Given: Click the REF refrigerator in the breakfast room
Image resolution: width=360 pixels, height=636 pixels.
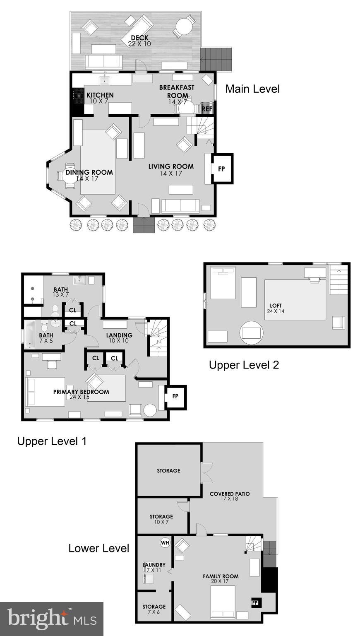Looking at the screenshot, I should (207, 109).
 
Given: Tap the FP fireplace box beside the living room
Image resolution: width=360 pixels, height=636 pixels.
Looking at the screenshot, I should (222, 169).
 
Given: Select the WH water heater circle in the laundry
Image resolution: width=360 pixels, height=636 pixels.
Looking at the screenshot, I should (165, 542).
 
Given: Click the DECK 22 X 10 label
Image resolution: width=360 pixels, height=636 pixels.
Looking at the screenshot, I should (139, 41).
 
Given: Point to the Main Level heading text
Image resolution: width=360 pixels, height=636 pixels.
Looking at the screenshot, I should (252, 89).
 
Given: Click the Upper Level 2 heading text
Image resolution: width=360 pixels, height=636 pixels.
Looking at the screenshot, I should (244, 365).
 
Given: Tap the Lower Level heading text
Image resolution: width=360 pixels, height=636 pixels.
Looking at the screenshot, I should (98, 548).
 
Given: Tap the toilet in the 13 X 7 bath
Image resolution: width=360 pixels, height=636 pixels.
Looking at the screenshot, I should (55, 310).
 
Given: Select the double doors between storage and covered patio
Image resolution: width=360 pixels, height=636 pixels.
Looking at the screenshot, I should (206, 472).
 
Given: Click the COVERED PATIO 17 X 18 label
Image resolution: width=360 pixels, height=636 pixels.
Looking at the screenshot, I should (230, 496).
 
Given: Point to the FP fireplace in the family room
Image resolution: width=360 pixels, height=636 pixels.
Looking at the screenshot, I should (255, 603).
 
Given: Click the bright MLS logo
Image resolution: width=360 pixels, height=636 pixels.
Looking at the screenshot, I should (51, 619).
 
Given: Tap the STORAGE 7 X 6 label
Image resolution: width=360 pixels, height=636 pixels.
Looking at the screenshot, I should (154, 609).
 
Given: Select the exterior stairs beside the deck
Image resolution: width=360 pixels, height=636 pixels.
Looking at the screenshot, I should (216, 59).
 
